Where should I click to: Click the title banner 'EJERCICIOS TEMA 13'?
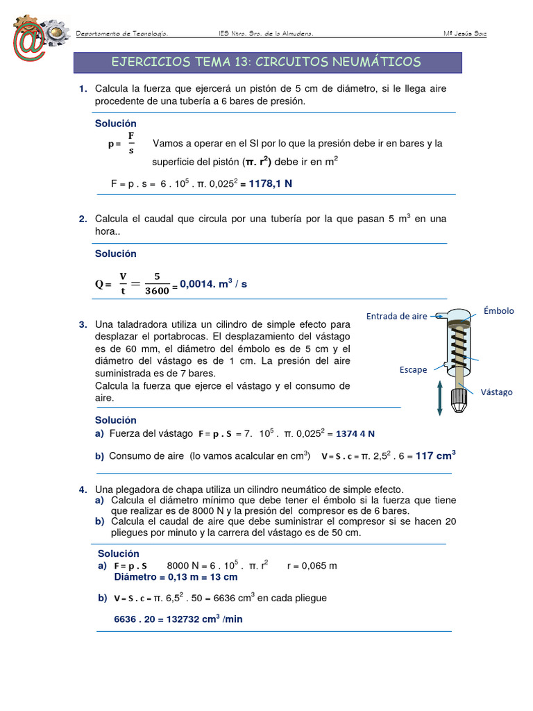click(x=266, y=62)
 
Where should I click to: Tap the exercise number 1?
click(x=83, y=88)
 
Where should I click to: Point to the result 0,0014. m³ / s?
click(x=214, y=284)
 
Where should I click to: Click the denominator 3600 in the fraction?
click(x=157, y=292)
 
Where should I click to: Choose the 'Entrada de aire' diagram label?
click(x=396, y=317)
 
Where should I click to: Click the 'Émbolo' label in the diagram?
click(x=498, y=311)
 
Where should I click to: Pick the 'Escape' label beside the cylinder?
click(x=413, y=370)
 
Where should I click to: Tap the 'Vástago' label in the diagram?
click(x=496, y=392)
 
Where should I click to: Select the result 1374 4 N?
click(x=355, y=434)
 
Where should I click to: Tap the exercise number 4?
click(x=83, y=490)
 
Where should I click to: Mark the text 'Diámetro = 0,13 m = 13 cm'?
click(x=176, y=577)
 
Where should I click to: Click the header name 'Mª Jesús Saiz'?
click(x=464, y=34)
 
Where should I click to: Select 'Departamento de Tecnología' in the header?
click(x=121, y=34)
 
